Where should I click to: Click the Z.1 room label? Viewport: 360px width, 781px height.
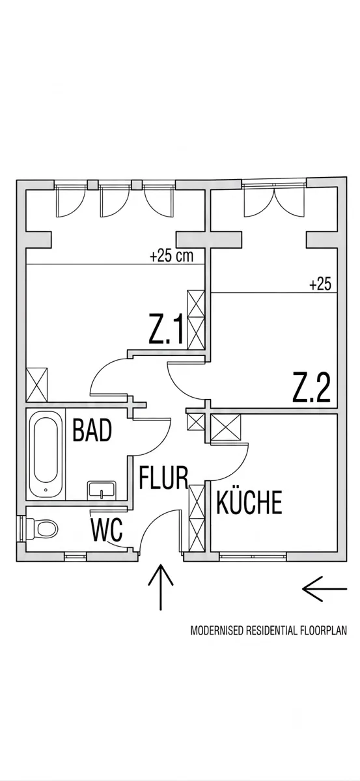pyautogui.click(x=166, y=329)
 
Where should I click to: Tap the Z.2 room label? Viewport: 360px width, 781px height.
pyautogui.click(x=311, y=387)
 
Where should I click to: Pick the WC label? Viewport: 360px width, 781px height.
pyautogui.click(x=107, y=530)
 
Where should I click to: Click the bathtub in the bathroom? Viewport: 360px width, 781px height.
pyautogui.click(x=46, y=455)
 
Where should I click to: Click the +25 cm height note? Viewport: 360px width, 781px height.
pyautogui.click(x=171, y=256)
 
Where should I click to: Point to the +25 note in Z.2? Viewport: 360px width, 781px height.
pyautogui.click(x=320, y=284)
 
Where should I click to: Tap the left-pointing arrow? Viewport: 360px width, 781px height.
pyautogui.click(x=325, y=589)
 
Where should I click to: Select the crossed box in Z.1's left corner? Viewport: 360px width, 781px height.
pyautogui.click(x=37, y=384)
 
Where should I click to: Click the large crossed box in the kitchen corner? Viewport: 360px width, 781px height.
pyautogui.click(x=226, y=428)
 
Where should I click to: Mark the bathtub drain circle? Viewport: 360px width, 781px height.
pyautogui.click(x=46, y=489)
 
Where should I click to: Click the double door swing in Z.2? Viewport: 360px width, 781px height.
pyautogui.click(x=275, y=204)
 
